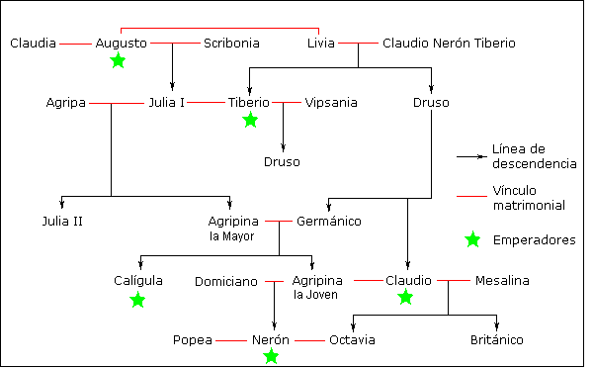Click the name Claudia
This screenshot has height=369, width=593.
coord(32,44)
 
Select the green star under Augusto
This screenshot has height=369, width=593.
coord(119,61)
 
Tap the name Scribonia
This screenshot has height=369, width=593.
coord(232,44)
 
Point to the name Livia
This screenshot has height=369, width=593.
coord(321,44)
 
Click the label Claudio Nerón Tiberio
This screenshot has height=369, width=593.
coord(448,44)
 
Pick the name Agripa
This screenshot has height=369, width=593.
coord(66,102)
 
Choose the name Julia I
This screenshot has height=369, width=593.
coord(167,102)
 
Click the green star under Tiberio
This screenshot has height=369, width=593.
coord(250,120)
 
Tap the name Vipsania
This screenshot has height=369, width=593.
coord(331,102)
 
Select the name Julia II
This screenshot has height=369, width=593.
coord(62,221)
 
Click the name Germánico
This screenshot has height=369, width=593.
coord(328,221)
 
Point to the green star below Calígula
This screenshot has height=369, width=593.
coord(137,299)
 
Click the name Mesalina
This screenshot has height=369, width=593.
coord(501,281)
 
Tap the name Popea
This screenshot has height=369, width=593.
coord(193,340)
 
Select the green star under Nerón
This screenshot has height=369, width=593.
coord(271,356)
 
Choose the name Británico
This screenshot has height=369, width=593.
coord(496,340)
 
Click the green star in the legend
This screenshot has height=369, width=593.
coord(472,239)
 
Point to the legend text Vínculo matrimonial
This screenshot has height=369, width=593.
coord(528,198)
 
